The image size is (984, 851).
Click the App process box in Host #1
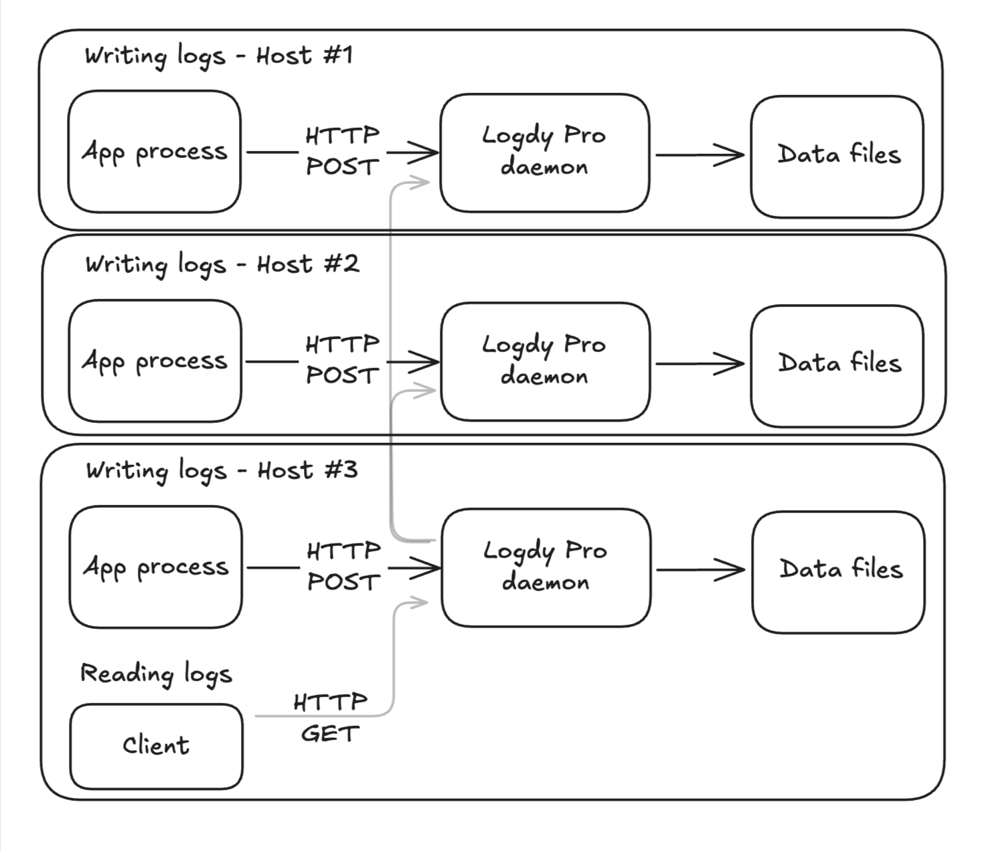(x=155, y=152)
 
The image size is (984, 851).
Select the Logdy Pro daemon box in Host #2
(x=545, y=361)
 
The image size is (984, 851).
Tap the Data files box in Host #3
(x=839, y=571)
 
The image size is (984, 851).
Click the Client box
(x=156, y=746)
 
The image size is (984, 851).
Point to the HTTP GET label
(x=330, y=718)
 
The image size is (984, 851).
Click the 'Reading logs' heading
(x=156, y=674)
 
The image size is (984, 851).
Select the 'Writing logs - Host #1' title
(x=218, y=56)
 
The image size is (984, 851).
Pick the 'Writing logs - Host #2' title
(x=222, y=264)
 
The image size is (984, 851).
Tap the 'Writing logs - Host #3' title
(x=222, y=470)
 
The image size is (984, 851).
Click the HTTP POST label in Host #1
(x=343, y=151)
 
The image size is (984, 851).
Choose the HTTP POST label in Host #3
(x=344, y=567)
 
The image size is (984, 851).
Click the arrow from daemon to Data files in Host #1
(x=700, y=155)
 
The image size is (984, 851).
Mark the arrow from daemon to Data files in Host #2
(x=700, y=364)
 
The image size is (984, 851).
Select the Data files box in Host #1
(x=837, y=156)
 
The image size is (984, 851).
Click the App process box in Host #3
(x=156, y=567)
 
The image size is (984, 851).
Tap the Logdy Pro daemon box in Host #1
(x=544, y=153)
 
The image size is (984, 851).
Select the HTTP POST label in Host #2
(x=343, y=360)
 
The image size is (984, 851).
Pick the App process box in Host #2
(x=155, y=361)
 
